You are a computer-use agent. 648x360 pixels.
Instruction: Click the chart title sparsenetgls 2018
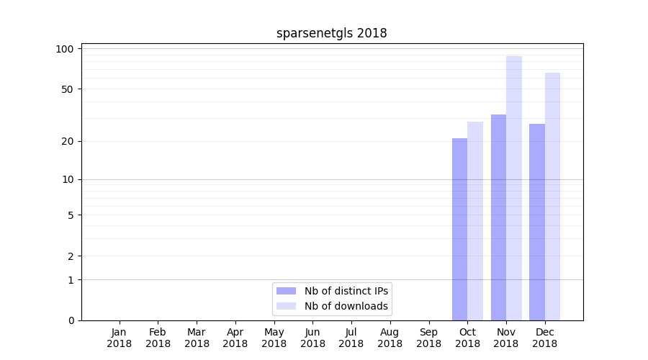(x=331, y=33)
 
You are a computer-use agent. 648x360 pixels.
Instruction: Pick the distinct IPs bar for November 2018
(x=498, y=217)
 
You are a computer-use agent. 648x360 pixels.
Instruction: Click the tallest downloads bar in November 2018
(x=514, y=188)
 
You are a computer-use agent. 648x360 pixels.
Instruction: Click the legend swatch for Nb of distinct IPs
(x=286, y=291)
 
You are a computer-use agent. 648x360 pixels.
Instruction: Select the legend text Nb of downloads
(x=346, y=306)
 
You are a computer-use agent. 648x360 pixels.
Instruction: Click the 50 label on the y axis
(x=68, y=89)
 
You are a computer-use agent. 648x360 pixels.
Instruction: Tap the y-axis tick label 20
(x=68, y=141)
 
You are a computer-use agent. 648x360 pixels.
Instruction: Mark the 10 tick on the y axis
(x=68, y=179)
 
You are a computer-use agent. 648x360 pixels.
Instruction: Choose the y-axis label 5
(x=71, y=215)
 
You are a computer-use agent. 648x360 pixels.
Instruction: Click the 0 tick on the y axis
(x=71, y=320)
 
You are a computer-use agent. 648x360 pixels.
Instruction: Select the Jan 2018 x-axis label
(x=120, y=338)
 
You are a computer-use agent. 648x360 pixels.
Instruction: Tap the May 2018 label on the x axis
(x=274, y=338)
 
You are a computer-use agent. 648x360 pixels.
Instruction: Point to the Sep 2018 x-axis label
(x=428, y=338)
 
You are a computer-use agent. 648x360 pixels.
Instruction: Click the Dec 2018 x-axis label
(x=545, y=338)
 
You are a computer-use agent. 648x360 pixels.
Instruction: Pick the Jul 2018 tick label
(x=351, y=338)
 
